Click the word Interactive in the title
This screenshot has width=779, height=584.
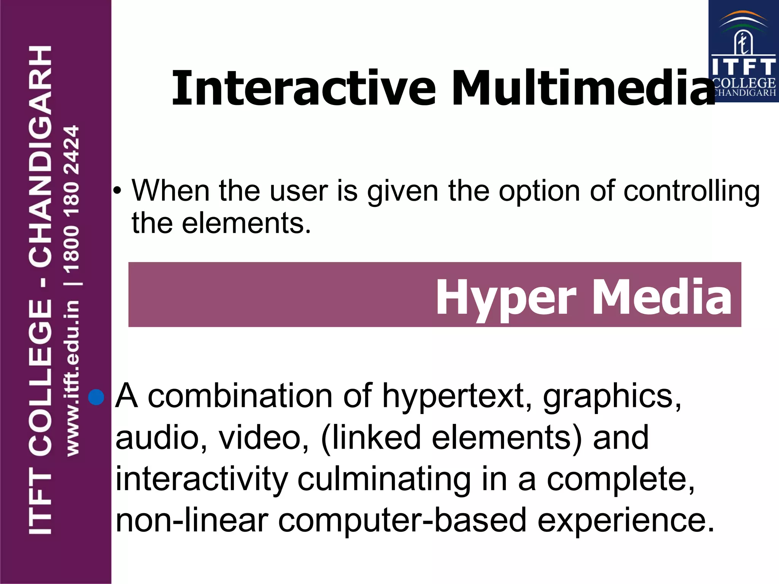click(x=304, y=88)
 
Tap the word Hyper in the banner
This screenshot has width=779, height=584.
click(x=506, y=297)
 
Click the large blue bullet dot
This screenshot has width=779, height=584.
click(x=96, y=397)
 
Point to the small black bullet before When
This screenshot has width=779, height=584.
click(x=118, y=191)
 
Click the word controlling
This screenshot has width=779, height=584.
click(x=692, y=191)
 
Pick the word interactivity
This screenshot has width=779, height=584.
click(x=202, y=479)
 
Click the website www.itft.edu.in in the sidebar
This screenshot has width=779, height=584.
click(x=72, y=378)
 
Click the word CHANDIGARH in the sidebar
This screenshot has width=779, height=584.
click(x=40, y=156)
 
